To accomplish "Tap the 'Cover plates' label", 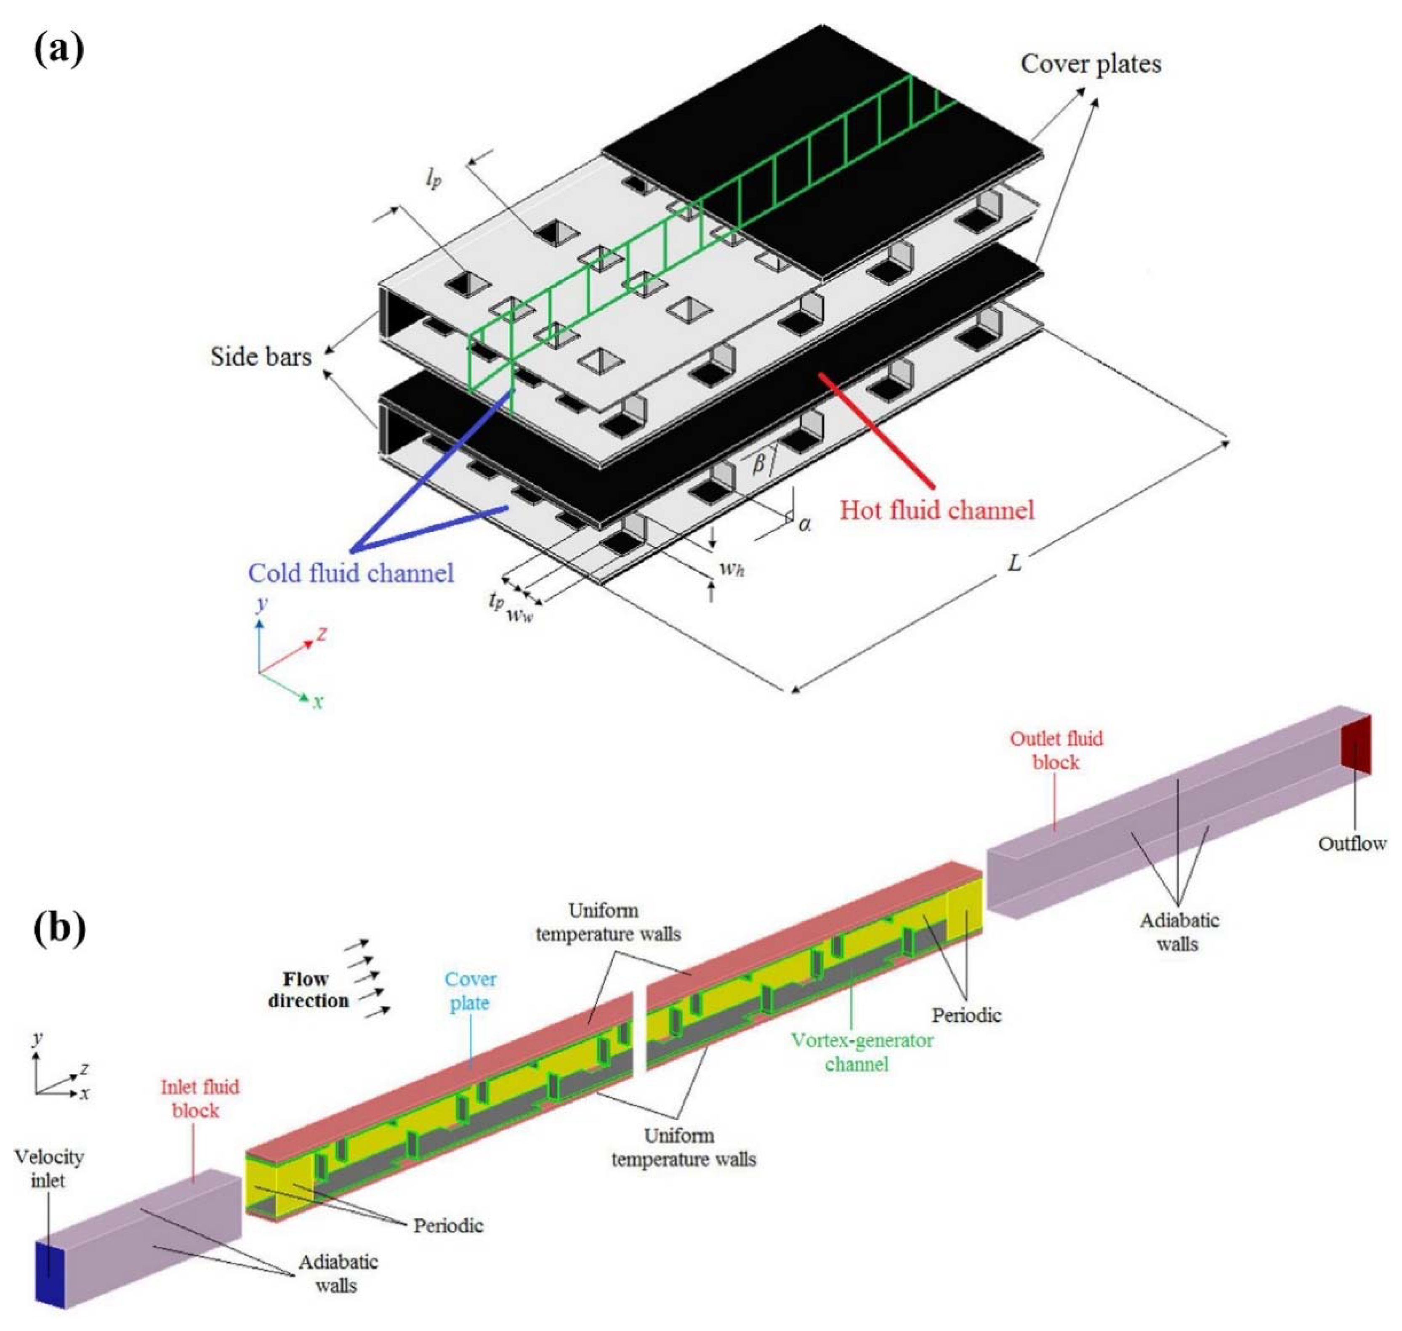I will [1091, 64].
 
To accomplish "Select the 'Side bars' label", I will [261, 356].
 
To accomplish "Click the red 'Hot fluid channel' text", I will [937, 510].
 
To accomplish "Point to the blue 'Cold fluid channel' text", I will [351, 573].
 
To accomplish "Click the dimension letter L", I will [1016, 562].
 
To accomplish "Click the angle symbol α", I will [804, 524].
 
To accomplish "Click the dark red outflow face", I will [1355, 745].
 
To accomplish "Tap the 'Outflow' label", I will [1351, 843].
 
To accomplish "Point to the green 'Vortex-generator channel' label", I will [862, 1052].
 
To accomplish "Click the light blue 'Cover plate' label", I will [470, 990].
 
